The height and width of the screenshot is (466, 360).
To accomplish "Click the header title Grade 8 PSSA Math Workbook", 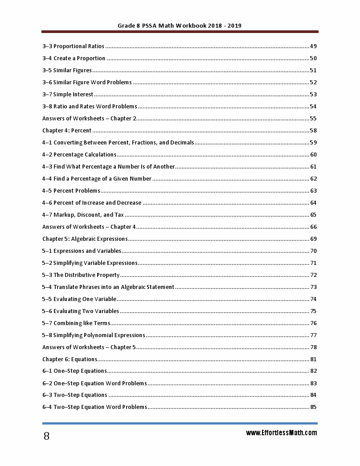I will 180,26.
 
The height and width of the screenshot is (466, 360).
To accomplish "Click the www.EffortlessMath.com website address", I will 281,433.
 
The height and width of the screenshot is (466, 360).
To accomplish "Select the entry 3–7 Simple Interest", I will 68,95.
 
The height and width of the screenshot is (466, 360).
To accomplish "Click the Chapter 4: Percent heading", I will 67,131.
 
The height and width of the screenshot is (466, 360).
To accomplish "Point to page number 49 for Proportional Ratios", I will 313,46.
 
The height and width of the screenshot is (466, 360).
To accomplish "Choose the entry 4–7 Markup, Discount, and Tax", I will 83,215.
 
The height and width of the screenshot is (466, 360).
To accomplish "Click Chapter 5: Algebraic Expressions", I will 85,239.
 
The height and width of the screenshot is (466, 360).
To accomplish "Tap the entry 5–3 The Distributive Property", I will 81,275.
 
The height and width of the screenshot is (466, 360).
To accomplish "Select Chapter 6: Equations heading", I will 70,359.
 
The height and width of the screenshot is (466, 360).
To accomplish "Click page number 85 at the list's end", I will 313,407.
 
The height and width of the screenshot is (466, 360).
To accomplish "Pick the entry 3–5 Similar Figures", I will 67,70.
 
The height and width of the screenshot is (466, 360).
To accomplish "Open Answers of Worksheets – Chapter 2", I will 89,119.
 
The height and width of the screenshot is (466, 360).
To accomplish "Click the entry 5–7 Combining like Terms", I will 76,323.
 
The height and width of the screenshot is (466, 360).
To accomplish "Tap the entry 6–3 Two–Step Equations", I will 74,395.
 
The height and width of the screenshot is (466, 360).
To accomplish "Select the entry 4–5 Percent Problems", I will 71,191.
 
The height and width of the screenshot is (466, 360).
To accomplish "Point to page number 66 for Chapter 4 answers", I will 313,227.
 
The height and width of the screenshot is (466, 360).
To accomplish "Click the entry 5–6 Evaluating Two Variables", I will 81,311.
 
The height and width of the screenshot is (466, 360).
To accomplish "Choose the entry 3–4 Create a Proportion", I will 74,58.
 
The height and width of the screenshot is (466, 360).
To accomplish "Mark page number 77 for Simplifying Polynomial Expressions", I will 313,335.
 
